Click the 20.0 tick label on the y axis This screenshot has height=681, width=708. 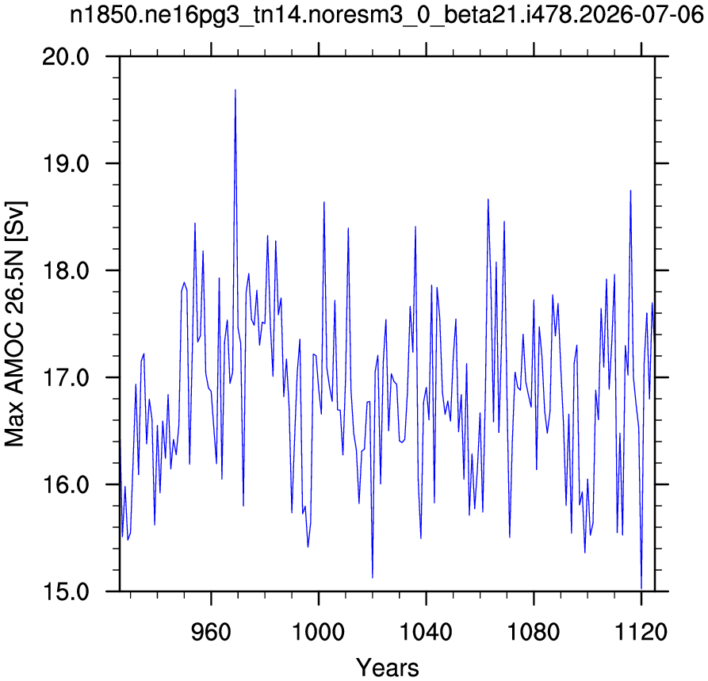[66, 57]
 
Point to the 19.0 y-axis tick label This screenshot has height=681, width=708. [66, 164]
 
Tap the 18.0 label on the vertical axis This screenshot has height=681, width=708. [66, 271]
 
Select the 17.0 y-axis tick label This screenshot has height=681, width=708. [66, 378]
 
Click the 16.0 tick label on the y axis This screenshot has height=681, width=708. [66, 485]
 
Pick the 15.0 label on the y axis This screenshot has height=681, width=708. [66, 592]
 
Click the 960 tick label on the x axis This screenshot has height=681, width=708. [211, 632]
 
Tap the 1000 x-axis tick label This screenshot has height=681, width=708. [319, 632]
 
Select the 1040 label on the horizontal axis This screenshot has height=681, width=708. [426, 632]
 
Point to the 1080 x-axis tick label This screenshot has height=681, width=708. [534, 632]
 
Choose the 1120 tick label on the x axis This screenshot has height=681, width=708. [641, 632]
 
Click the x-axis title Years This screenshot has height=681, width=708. [388, 668]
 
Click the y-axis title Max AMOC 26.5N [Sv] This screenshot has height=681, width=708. [14, 323]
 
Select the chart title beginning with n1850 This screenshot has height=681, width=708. [387, 16]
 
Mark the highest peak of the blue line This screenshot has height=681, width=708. [235, 90]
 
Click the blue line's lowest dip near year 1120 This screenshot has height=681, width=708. [641, 589]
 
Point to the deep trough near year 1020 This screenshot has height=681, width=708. [373, 578]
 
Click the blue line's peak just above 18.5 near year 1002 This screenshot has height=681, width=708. [323, 202]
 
